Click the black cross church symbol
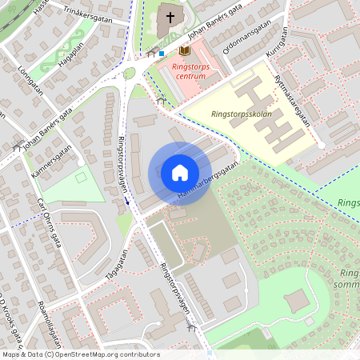coord(170,17)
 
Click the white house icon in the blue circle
coord(180,173)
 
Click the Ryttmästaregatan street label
coord(291,102)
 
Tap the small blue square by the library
coord(162,54)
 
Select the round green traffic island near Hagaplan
coord(129,74)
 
